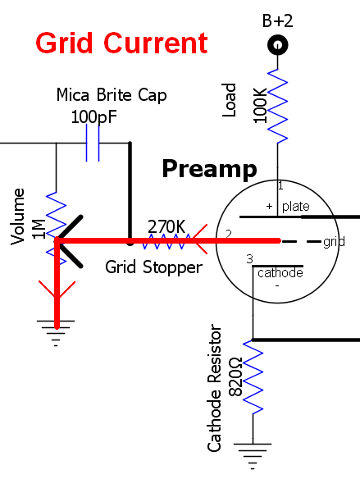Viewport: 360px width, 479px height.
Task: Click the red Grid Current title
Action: pos(121,43)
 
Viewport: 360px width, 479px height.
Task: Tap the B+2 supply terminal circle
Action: pos(277,45)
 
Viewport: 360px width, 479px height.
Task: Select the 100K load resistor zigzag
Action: pos(277,106)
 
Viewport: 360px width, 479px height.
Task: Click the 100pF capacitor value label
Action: pos(94,117)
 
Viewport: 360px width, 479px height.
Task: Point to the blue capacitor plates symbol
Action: pos(93,143)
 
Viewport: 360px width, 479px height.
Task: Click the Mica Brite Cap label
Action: pos(112,95)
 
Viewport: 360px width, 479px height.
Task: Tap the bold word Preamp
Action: pos(209,169)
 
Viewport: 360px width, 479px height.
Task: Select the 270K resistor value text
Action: pos(166,226)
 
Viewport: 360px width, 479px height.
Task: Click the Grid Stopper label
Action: pos(153,267)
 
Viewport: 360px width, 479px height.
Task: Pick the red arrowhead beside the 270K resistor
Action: pos(200,239)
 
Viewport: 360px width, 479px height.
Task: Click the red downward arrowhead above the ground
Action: pos(57,290)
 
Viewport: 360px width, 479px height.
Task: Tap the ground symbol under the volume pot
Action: pos(56,333)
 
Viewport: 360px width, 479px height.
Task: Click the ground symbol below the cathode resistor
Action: pos(253,456)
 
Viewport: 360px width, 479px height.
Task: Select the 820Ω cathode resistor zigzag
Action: pos(253,377)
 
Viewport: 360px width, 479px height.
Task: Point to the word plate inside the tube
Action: pos(295,207)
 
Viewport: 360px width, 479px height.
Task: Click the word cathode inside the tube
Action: pos(280,273)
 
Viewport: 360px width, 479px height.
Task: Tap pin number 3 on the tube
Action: pos(250,259)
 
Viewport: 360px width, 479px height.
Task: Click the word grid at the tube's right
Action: pos(334,242)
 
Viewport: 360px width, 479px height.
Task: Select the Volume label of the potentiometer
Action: pos(17,217)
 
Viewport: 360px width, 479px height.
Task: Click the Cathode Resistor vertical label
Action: pos(214,388)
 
